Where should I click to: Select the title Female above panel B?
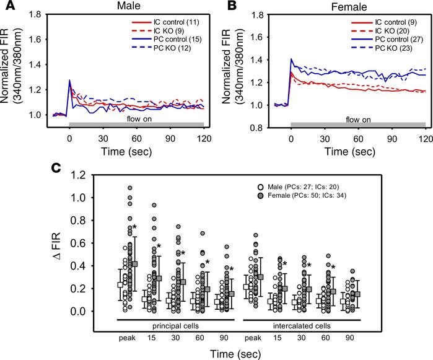[357, 7]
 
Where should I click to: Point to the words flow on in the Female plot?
[358, 117]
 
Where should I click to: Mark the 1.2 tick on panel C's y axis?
[97, 175]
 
